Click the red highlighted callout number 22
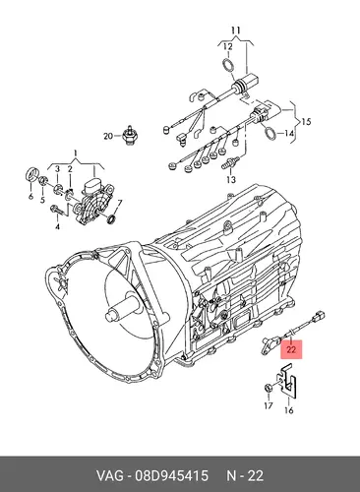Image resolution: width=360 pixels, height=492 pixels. (291, 349)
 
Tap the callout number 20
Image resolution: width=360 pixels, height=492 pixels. (108, 136)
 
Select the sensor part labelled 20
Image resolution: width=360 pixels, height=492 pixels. (128, 135)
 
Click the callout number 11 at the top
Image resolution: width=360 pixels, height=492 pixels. (235, 31)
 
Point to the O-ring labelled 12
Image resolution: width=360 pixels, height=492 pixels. (229, 64)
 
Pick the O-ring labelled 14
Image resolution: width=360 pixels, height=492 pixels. (270, 132)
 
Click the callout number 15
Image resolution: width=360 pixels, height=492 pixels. (306, 122)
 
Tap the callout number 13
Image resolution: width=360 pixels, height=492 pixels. (231, 179)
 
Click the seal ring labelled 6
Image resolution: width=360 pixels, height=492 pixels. (32, 175)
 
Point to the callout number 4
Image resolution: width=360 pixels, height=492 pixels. (57, 226)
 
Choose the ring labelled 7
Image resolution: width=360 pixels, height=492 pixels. (112, 218)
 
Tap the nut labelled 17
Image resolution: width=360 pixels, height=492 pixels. (268, 389)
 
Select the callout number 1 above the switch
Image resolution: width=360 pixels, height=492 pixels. (75, 154)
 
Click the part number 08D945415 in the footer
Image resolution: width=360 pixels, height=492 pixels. (171, 475)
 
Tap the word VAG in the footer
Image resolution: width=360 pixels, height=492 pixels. (110, 475)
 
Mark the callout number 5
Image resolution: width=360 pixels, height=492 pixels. (42, 199)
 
